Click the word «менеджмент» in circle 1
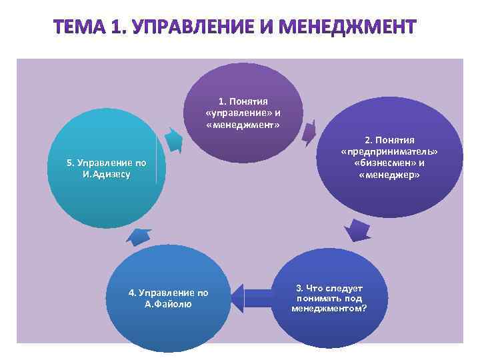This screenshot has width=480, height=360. [x=243, y=125]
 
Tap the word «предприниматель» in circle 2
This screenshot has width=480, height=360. [x=389, y=151]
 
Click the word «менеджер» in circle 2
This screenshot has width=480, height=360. [x=389, y=175]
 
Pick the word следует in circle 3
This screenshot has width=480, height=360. [x=344, y=289]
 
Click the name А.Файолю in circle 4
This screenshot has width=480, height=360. [x=168, y=304]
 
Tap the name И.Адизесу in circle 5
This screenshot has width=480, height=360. [x=107, y=174]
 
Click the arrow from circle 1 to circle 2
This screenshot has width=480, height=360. [x=309, y=133]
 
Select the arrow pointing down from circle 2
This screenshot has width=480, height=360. [x=357, y=231]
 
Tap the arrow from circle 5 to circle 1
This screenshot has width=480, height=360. [x=173, y=139]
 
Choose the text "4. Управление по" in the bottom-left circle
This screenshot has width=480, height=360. [x=168, y=293]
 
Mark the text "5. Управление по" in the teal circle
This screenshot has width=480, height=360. [x=107, y=163]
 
